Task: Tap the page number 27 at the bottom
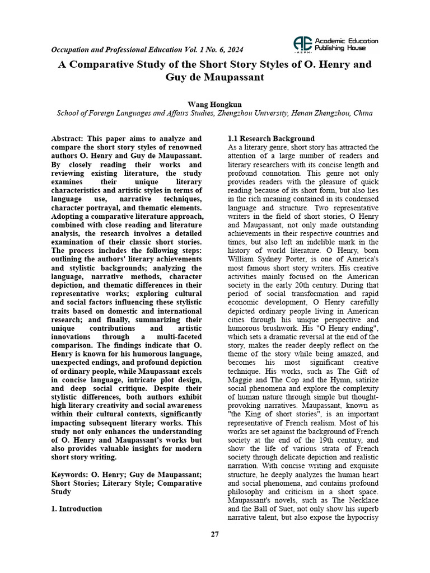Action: point(215,534)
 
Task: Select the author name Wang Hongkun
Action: point(214,105)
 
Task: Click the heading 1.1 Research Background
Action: point(271,139)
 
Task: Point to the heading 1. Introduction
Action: point(77,509)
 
